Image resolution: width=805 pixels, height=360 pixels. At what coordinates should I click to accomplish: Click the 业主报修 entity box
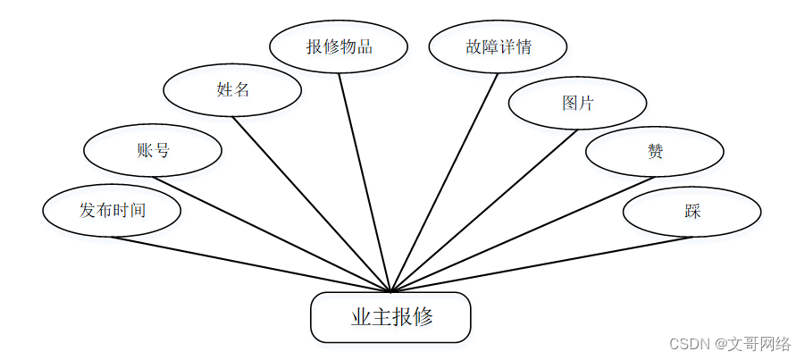point(390,317)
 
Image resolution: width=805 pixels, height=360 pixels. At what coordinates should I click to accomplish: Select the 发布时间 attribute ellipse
point(112,211)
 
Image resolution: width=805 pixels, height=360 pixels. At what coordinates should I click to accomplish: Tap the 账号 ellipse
point(153,150)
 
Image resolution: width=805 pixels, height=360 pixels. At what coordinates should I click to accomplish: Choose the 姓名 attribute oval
point(232,89)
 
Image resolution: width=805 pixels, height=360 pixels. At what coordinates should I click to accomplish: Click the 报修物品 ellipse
point(339,46)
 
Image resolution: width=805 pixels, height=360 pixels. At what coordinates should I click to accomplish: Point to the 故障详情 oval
point(498,46)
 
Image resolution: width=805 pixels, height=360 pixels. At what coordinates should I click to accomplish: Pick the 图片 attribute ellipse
point(577,103)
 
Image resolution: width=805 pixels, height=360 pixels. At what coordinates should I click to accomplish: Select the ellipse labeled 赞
point(655,152)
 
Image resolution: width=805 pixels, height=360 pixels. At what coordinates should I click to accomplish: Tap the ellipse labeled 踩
point(692,212)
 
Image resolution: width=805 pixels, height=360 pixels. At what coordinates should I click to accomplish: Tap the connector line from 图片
point(483,211)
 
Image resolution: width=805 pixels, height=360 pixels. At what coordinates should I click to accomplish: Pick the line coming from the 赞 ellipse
point(523,234)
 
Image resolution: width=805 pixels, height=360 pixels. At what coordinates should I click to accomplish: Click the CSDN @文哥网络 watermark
point(730,344)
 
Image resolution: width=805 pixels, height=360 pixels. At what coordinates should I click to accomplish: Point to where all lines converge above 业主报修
point(390,290)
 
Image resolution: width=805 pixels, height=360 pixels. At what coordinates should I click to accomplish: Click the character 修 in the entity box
point(423,317)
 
